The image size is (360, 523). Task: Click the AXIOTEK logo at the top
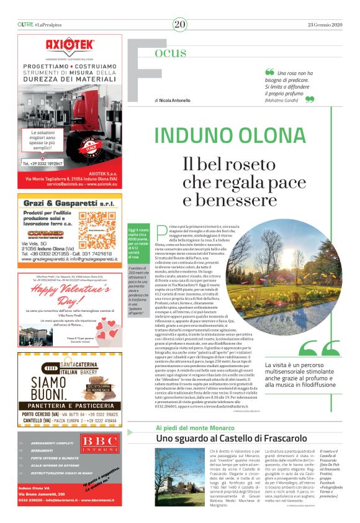[69, 45]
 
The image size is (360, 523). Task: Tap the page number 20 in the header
[180, 24]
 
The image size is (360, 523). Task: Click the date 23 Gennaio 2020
[325, 24]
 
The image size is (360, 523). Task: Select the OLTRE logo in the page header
[25, 24]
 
